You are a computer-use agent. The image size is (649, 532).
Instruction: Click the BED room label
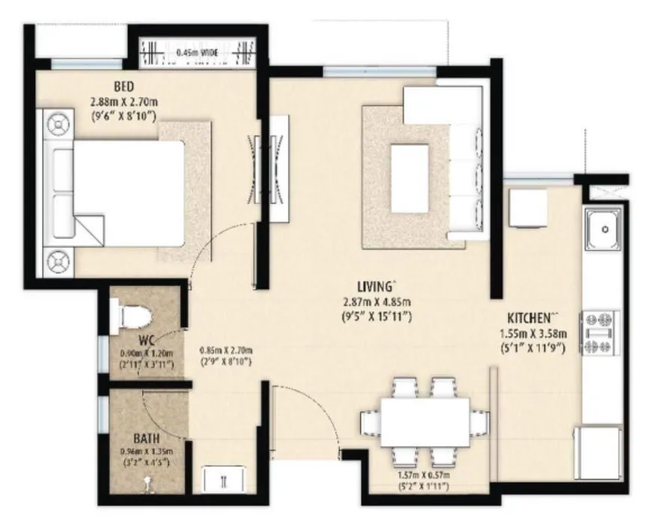click(121, 85)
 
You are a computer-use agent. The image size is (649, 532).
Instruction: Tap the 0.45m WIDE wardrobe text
click(198, 54)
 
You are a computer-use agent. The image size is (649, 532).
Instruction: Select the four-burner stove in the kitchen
click(601, 332)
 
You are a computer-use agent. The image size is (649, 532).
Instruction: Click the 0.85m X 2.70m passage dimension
click(226, 350)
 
